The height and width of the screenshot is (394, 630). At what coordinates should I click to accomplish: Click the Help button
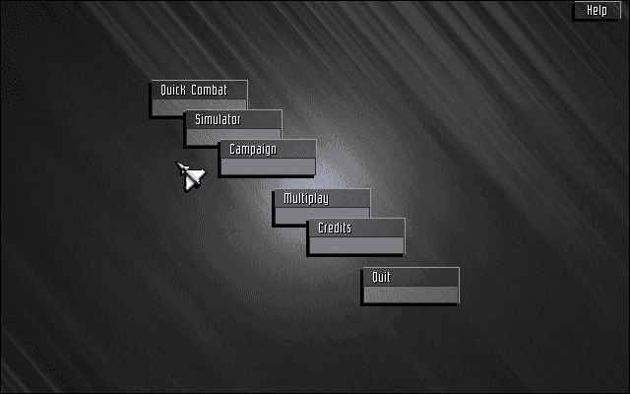coord(598,10)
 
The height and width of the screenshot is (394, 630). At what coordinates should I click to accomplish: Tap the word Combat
coord(210,91)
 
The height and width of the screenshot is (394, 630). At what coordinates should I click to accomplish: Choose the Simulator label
coord(218,120)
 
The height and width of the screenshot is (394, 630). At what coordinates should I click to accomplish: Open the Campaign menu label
coord(253,150)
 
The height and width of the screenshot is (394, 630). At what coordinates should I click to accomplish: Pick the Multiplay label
coord(305,199)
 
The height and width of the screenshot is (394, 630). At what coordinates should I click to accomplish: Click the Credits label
coord(335,229)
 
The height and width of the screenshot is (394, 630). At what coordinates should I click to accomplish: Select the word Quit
coord(381,278)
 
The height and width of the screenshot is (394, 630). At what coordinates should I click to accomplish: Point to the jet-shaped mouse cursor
coord(191,176)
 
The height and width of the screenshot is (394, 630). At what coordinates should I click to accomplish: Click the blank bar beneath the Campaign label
coord(268,166)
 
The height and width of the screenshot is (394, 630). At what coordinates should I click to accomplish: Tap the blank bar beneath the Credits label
coord(356,245)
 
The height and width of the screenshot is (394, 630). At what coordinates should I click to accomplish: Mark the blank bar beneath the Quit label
coord(410,295)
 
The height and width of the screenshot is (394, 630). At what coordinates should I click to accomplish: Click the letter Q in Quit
coord(374,278)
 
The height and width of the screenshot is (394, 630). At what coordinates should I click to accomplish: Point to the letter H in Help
coord(590,10)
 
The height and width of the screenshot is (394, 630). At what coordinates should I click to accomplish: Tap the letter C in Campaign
coord(232,150)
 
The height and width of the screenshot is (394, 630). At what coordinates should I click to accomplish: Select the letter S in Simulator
coord(198,120)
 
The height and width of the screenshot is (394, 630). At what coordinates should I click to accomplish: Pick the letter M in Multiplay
coord(287,199)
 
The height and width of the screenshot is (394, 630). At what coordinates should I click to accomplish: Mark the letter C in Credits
coord(321,229)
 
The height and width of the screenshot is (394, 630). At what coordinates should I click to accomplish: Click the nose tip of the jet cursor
coord(178,164)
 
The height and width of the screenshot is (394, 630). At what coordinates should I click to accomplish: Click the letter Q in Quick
coord(164,91)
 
